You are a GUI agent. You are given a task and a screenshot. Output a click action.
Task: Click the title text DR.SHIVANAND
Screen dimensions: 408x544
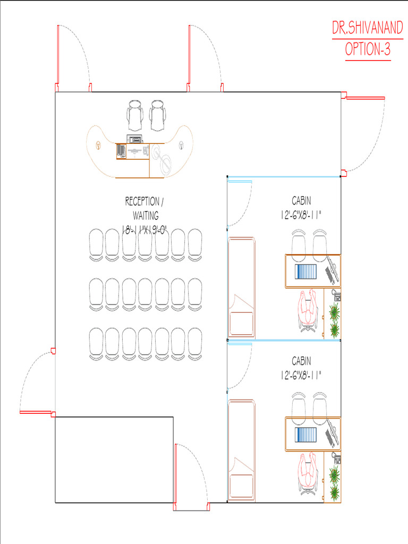point(368,28)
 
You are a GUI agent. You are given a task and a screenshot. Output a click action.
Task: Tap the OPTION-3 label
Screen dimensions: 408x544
point(368,49)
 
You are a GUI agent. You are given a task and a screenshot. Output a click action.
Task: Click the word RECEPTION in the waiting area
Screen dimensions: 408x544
point(142,201)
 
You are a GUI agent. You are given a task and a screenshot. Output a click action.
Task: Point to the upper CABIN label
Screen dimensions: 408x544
point(302,200)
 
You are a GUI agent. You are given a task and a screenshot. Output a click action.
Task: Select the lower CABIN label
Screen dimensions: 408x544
point(302,361)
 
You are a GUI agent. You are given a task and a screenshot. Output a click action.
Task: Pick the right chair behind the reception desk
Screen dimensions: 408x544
point(157,115)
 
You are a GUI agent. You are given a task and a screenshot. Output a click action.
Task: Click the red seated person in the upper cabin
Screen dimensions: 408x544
point(308,310)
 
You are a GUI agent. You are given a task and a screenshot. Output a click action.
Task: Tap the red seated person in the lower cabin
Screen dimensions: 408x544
point(308,473)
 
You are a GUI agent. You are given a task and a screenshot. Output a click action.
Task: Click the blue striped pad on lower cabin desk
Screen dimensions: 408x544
point(306,435)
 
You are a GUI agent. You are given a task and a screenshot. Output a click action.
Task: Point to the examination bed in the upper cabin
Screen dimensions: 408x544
point(242,287)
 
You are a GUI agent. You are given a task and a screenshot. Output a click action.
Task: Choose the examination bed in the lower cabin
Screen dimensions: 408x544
point(242,450)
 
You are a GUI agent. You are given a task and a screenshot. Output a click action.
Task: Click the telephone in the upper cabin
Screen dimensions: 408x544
point(336,295)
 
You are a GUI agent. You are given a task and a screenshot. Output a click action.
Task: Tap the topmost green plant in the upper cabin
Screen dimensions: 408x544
point(335,311)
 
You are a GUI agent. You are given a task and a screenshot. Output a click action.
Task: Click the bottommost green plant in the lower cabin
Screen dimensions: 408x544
point(335,492)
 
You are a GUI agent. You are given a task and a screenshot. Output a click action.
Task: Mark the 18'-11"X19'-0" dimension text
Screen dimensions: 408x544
point(145,229)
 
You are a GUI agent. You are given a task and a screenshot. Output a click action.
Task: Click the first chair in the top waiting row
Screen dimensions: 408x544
point(96,244)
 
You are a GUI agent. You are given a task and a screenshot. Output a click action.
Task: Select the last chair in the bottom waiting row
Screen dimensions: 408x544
point(195,344)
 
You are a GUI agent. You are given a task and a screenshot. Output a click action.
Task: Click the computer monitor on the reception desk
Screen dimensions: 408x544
point(134,139)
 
